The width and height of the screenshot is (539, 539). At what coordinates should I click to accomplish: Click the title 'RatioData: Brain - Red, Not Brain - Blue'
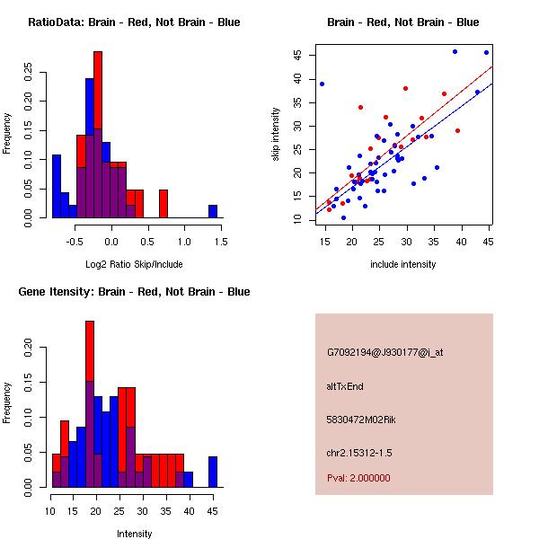(x=133, y=22)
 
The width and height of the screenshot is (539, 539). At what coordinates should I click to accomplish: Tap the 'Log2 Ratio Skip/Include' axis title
(x=133, y=264)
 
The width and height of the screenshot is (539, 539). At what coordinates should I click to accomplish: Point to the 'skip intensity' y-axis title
(x=277, y=135)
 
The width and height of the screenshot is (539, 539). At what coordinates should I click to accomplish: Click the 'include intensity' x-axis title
(x=403, y=264)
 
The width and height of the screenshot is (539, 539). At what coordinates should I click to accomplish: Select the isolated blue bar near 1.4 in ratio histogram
(x=213, y=211)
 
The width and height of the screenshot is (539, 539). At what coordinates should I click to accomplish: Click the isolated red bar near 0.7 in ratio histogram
(x=163, y=203)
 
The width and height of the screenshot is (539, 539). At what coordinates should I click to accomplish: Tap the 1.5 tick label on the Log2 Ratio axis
(x=221, y=242)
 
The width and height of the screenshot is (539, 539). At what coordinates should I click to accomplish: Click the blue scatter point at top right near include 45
(x=486, y=52)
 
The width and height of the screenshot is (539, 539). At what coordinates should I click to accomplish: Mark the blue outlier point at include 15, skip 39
(x=322, y=84)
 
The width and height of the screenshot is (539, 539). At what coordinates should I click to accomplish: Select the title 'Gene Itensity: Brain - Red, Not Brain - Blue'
(x=133, y=292)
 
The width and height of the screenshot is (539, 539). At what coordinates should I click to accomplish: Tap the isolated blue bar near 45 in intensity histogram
(x=213, y=472)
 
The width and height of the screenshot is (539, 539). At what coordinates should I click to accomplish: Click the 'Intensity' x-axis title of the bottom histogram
(x=135, y=534)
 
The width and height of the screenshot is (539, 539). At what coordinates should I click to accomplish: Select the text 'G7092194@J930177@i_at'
(x=384, y=352)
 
